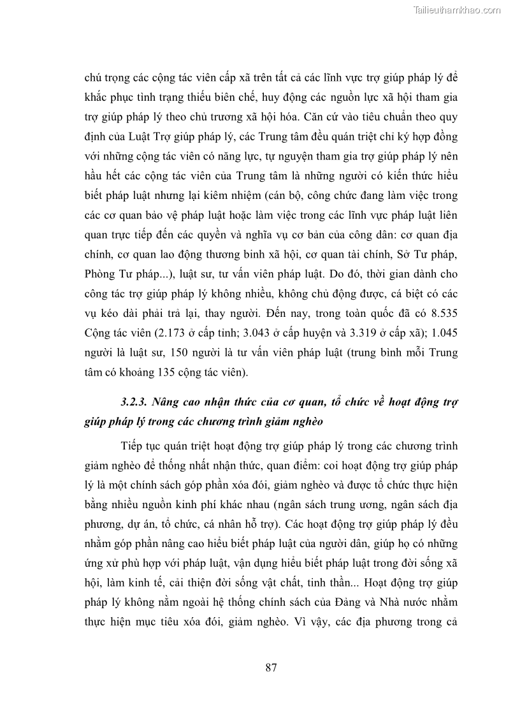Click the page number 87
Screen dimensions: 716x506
(x=270, y=668)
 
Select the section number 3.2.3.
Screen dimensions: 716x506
(x=134, y=402)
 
